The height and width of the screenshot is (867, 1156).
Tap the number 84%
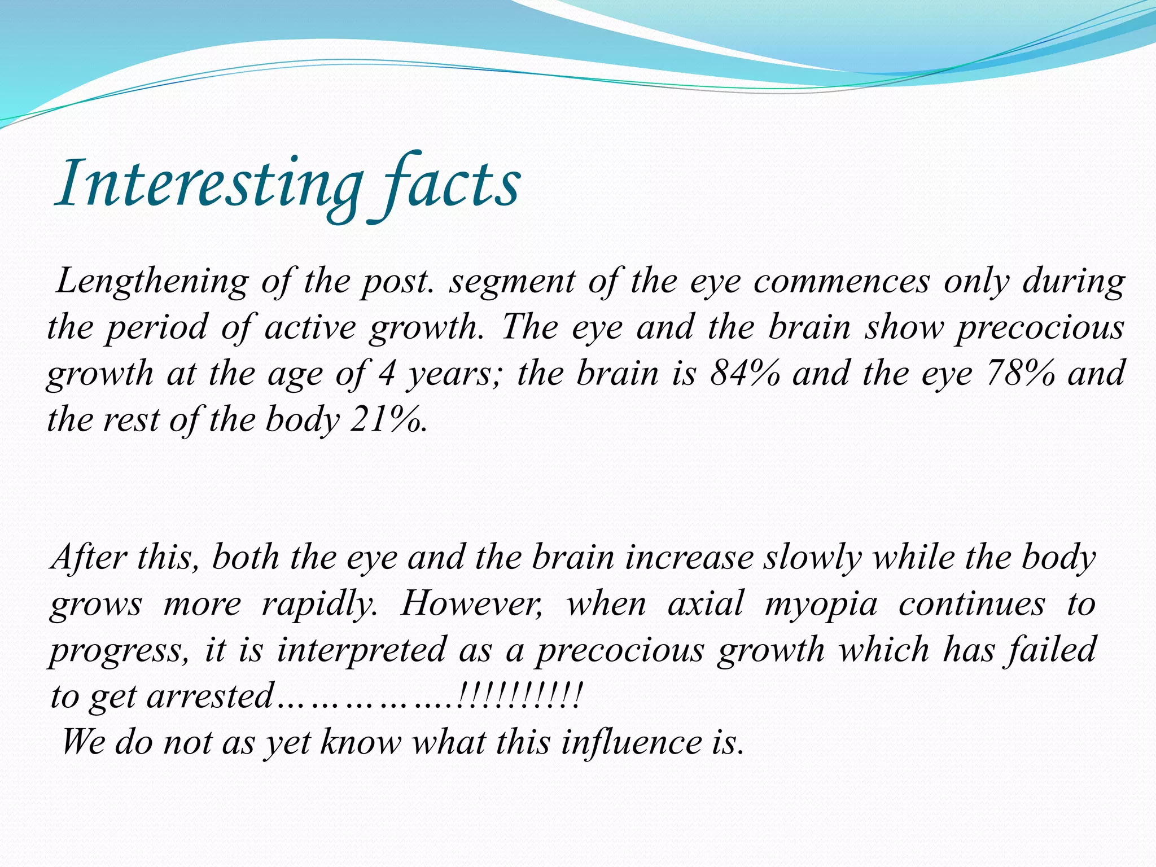tap(745, 374)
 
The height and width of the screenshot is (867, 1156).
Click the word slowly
tap(813, 558)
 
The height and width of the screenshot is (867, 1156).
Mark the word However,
tap(472, 604)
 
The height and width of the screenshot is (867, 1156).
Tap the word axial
tap(706, 604)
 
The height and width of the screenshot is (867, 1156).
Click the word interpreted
tap(361, 650)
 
